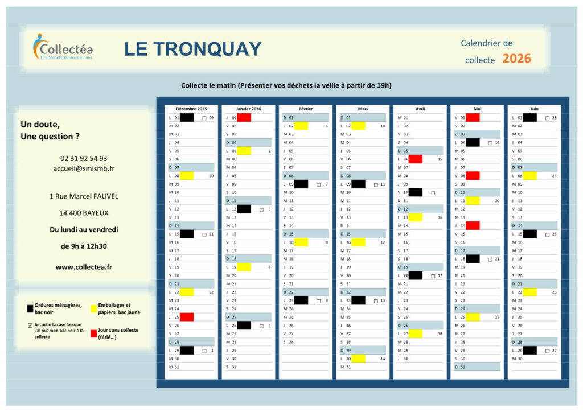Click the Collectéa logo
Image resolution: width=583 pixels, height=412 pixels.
pyautogui.click(x=63, y=47)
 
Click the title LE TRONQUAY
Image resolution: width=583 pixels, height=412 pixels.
pyautogui.click(x=192, y=49)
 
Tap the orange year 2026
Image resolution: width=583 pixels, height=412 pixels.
pyautogui.click(x=516, y=59)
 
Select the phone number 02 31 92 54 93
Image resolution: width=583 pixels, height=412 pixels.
pyautogui.click(x=84, y=159)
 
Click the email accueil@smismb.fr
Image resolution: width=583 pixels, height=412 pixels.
pyautogui.click(x=84, y=168)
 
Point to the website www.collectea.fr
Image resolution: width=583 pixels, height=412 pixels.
pyautogui.click(x=84, y=266)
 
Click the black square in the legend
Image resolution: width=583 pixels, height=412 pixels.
pyautogui.click(x=30, y=308)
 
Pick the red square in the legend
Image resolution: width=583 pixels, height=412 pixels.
pyautogui.click(x=93, y=333)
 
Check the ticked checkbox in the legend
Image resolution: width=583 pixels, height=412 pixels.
pyautogui.click(x=30, y=326)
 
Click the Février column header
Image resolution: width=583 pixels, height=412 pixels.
pyautogui.click(x=305, y=109)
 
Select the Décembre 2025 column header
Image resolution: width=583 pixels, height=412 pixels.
pyautogui.click(x=191, y=109)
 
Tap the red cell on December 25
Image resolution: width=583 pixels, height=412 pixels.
pyautogui.click(x=187, y=317)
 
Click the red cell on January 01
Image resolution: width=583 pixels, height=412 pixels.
pyautogui.click(x=244, y=117)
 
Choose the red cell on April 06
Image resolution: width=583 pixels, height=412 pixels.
pyautogui.click(x=415, y=159)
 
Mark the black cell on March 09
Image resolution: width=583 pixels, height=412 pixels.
pyautogui.click(x=358, y=184)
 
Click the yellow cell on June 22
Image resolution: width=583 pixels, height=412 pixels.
pyautogui.click(x=529, y=292)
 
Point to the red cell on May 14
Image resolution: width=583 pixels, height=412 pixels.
pyautogui.click(x=473, y=225)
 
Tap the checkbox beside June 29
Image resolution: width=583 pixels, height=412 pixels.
pyautogui.click(x=547, y=351)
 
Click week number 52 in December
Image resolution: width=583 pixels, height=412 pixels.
pyautogui.click(x=211, y=292)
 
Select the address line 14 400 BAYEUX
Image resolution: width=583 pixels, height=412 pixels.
pyautogui.click(x=84, y=213)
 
